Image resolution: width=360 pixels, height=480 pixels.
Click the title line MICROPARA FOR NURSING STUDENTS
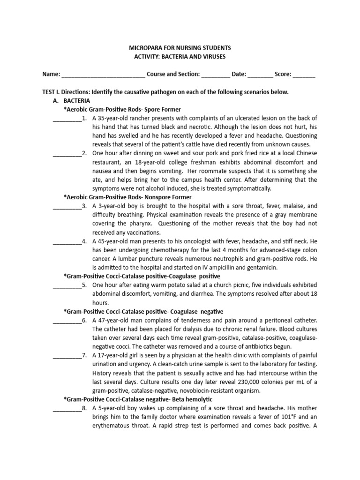[x=180, y=48]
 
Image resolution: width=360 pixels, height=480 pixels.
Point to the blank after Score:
[x=304, y=75]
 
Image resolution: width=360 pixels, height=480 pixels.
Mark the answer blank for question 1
[x=67, y=118]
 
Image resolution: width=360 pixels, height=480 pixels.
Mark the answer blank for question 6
[x=67, y=321]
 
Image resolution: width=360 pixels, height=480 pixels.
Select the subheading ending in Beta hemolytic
[x=138, y=399]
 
